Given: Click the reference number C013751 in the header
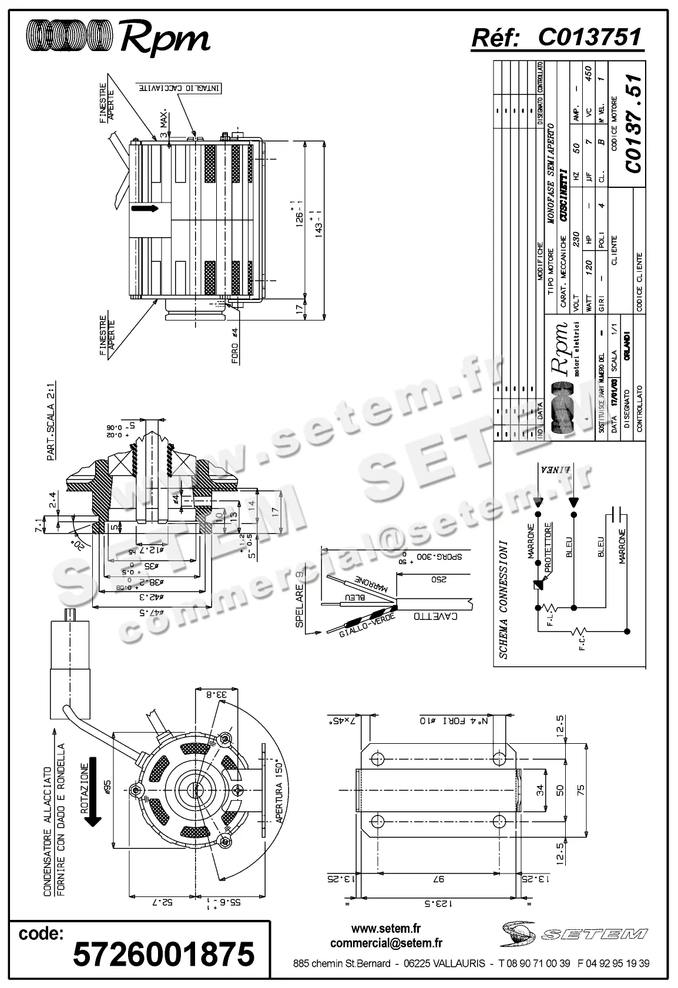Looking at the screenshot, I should coord(589,38).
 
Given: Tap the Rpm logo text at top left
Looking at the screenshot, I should coord(165,38).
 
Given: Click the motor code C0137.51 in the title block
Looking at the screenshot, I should coord(634,123).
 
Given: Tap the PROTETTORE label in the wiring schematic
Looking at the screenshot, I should coord(548,547).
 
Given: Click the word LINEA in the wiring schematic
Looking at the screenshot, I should coord(555,470).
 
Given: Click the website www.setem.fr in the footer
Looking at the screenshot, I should coord(386,929).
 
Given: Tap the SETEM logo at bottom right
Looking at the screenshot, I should coord(573,933).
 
